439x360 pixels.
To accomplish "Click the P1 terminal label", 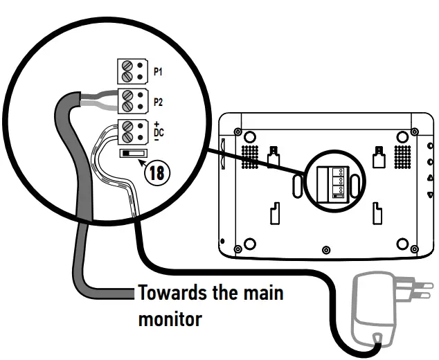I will point(158,72).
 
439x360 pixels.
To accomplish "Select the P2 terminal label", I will point(158,102).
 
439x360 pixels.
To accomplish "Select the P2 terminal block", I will point(132,102).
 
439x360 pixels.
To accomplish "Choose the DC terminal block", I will point(132,131).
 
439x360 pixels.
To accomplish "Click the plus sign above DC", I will point(158,123).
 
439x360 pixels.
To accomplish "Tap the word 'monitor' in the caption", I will point(170,319).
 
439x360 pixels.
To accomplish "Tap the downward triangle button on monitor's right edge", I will point(431,195).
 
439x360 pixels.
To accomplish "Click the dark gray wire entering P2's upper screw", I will point(97,98).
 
